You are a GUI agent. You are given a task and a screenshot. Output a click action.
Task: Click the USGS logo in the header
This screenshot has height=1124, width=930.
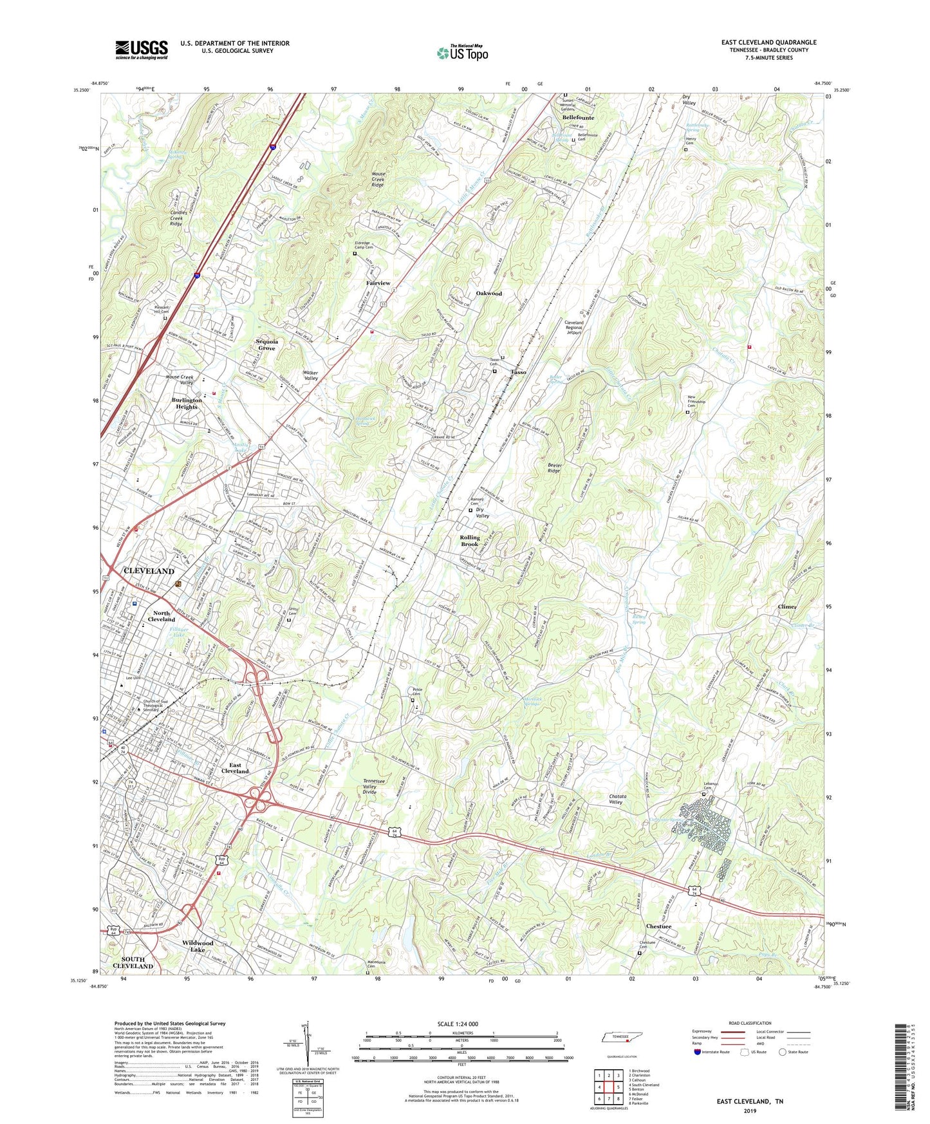tap(142, 50)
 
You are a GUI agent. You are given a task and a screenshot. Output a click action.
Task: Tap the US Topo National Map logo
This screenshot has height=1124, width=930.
tap(462, 53)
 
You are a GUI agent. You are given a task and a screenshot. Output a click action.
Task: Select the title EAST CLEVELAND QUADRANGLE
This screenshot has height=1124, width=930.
tap(768, 42)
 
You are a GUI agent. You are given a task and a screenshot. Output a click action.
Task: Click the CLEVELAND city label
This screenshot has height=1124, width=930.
tap(149, 571)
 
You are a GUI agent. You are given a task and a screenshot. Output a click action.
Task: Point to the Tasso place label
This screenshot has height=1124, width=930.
tap(518, 372)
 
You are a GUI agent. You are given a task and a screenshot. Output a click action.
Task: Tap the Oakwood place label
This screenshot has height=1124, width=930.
tap(488, 294)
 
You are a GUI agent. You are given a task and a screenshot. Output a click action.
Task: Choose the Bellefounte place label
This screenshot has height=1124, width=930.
tap(578, 118)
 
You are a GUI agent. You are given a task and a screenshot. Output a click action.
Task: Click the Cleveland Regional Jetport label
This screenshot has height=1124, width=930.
tap(573, 327)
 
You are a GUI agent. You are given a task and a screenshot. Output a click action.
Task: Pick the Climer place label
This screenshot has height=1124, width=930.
tap(787, 606)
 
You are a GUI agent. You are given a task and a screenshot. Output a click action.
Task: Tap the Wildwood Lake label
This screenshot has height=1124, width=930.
tap(198, 946)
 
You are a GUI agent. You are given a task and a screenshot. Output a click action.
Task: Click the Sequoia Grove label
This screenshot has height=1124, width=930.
tap(266, 345)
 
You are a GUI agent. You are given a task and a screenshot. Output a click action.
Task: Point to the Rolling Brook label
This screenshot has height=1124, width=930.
tap(470, 541)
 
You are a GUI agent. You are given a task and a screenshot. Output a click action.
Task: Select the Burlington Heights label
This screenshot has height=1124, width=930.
tap(187, 403)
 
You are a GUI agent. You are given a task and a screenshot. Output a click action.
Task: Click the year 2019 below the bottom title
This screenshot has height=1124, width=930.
tap(750, 1110)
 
